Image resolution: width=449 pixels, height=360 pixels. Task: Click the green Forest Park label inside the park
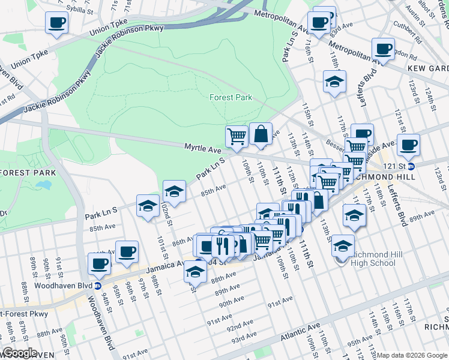coord(231,97)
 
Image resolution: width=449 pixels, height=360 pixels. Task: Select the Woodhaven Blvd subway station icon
coord(97,285)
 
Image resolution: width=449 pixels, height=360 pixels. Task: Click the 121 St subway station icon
coord(411,166)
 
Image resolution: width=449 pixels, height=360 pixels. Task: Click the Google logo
coord(20,353)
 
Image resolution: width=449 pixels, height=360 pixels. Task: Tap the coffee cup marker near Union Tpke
coord(56,23)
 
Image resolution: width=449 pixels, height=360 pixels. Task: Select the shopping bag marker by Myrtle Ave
coord(261,134)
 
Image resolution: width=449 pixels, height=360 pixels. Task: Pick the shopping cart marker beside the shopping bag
coord(237,137)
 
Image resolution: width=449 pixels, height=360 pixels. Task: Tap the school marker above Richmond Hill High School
coord(354,215)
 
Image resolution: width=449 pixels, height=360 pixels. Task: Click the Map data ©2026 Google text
coord(412,355)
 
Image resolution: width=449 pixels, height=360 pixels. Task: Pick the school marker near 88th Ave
coord(194,271)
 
